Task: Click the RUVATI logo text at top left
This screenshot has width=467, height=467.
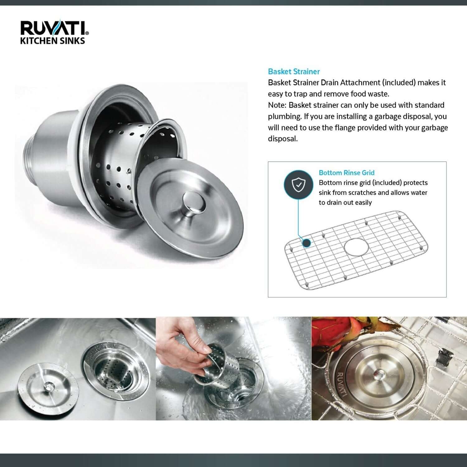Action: [54, 28]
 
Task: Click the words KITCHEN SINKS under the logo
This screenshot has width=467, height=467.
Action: [52, 41]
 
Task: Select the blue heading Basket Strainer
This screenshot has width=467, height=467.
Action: [294, 72]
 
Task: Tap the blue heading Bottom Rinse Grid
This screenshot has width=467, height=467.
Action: [347, 173]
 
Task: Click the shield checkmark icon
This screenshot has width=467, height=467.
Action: [298, 185]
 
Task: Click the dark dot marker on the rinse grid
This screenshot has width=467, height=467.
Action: [307, 243]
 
